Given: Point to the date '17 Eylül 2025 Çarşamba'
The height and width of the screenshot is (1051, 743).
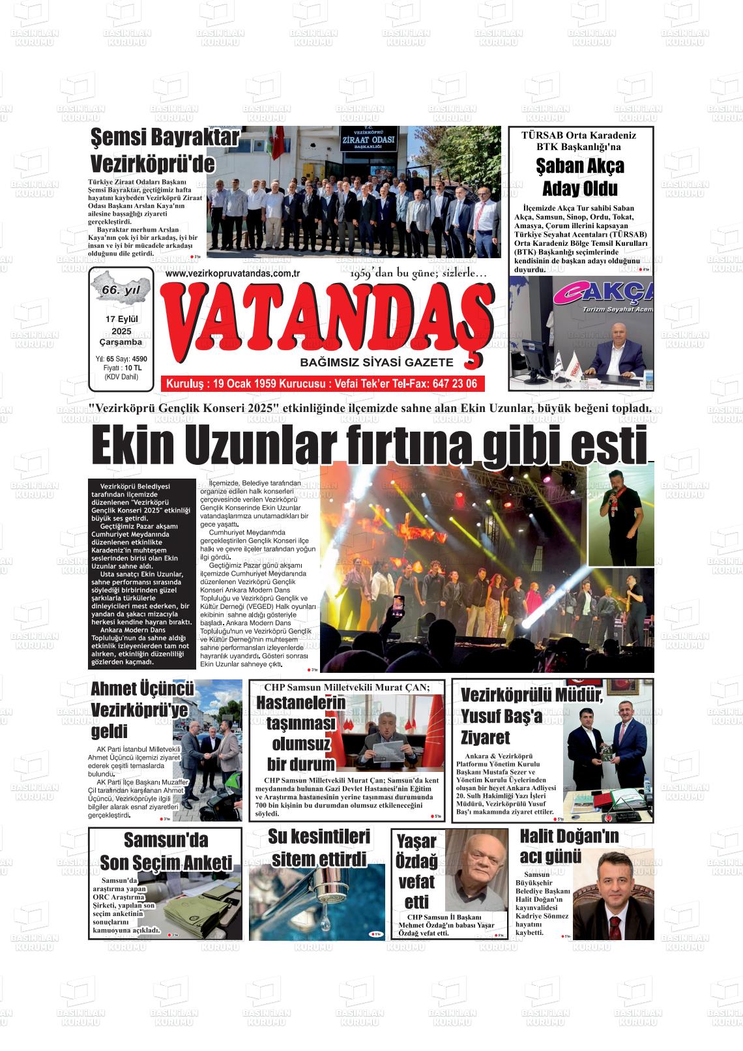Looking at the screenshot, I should tap(121, 330).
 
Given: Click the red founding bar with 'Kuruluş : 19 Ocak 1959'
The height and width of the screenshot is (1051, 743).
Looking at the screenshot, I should tap(322, 383).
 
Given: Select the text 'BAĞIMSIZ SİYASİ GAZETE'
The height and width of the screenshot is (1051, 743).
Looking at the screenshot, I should tap(376, 363).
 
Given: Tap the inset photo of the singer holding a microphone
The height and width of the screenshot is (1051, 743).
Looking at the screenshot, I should tap(620, 514).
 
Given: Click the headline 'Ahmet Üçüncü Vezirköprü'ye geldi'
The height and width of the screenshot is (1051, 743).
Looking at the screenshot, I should tap(140, 709).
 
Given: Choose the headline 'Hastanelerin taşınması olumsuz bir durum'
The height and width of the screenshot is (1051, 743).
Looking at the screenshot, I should tap(300, 733).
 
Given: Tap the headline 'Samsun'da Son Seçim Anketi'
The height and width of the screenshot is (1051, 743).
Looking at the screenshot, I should tap(166, 851).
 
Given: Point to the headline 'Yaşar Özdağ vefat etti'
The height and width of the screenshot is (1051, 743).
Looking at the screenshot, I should tap(416, 872).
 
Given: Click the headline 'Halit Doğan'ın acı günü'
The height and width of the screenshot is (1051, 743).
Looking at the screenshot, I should tap(569, 845).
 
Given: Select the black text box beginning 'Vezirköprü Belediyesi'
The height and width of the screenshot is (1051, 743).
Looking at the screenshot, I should tap(142, 573).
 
